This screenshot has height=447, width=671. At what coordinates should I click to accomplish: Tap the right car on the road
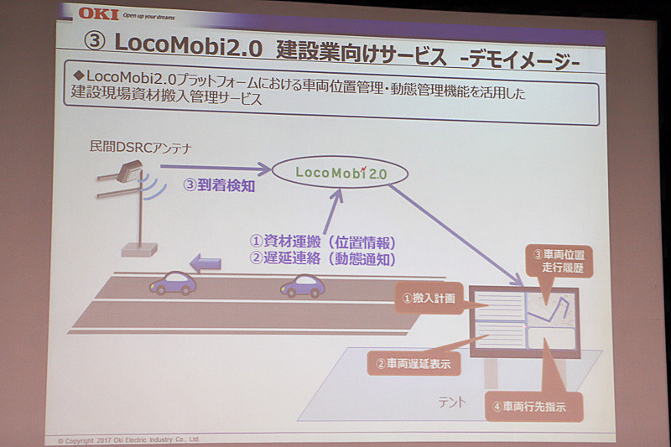coord(302,286)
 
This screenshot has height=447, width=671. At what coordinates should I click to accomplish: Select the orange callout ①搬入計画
coord(428,297)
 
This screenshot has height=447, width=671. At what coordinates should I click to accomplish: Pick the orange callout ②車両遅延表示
coord(413,364)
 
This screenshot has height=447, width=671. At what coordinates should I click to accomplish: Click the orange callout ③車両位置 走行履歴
coord(558,261)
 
